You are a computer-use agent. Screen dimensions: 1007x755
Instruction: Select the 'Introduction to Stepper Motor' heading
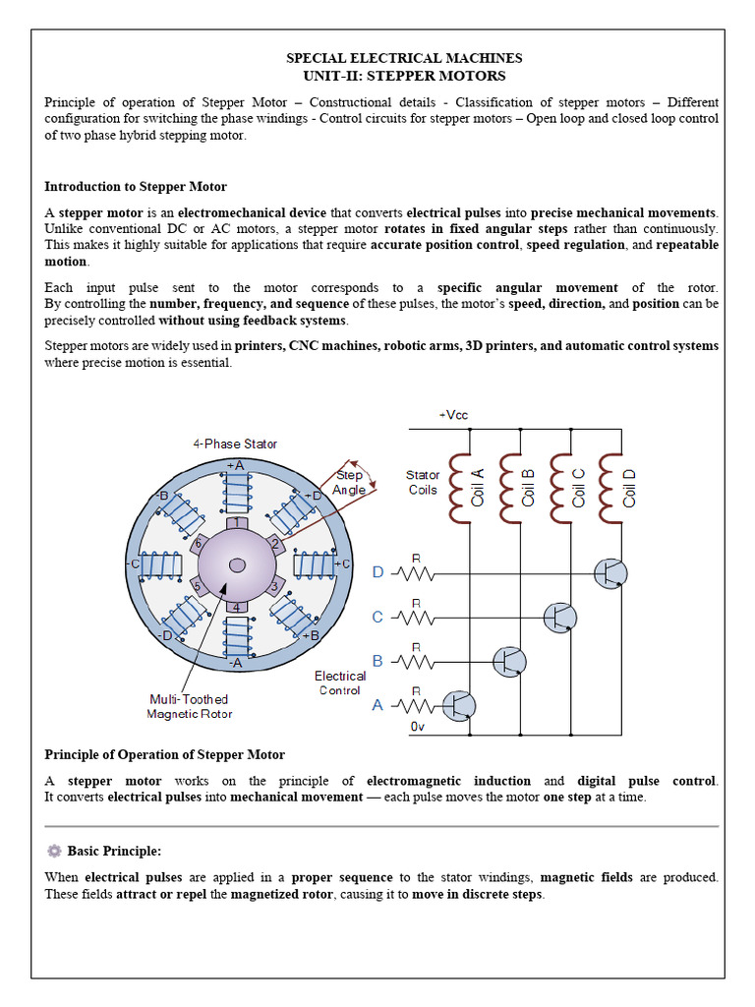point(136,187)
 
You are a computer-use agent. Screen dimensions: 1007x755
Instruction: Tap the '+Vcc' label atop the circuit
point(453,415)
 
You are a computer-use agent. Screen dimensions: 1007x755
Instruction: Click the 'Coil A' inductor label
point(479,488)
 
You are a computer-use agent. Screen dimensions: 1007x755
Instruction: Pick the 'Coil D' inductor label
point(629,488)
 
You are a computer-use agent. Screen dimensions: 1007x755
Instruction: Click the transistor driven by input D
point(610,572)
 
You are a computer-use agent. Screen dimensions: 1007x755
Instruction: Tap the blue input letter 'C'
point(377,617)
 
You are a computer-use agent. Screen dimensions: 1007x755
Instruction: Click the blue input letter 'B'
point(377,661)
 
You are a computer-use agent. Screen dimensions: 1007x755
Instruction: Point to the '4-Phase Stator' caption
point(234,444)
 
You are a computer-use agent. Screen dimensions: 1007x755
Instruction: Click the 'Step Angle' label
point(350,482)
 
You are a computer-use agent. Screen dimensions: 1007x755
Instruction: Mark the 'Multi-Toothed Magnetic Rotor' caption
point(190,706)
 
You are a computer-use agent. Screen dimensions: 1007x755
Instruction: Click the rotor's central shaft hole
point(237,564)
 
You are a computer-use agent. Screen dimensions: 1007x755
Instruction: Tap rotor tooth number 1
point(236,523)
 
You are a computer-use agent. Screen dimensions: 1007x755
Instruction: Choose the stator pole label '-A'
point(235,663)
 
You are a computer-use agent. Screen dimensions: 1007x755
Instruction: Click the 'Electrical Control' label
point(340,682)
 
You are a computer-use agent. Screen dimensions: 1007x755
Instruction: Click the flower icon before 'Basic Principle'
point(54,851)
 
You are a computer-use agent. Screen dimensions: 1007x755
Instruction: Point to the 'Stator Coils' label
point(423,482)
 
